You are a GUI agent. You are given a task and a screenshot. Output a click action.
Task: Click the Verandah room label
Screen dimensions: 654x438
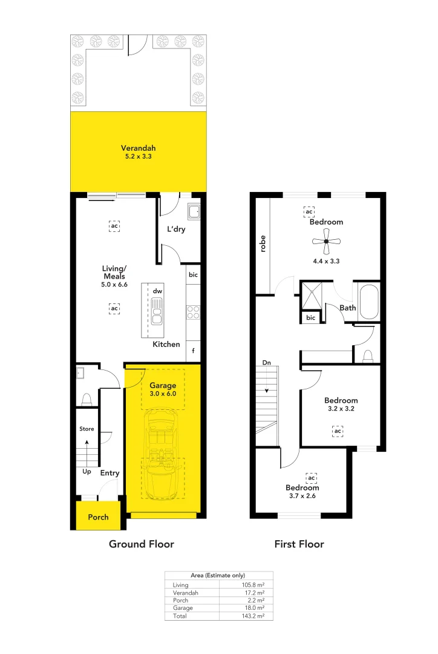point(138,148)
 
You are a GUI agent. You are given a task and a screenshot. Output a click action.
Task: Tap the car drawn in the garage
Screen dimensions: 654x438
point(162,453)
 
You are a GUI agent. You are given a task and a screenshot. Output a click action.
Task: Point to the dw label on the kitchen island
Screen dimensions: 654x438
point(157,291)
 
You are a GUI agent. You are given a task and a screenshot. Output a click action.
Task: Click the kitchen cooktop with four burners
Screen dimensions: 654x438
point(193,312)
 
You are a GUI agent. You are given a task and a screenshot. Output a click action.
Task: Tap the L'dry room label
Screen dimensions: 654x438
point(175,230)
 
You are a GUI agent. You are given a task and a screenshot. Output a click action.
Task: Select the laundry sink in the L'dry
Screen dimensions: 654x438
point(194,212)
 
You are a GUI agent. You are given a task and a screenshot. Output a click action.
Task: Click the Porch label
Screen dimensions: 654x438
point(98,517)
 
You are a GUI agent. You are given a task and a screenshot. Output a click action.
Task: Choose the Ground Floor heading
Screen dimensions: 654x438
point(141,544)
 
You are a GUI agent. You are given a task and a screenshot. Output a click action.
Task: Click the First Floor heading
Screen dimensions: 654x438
point(299,544)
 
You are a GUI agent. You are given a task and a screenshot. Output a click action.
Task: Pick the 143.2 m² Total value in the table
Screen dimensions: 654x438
point(254,615)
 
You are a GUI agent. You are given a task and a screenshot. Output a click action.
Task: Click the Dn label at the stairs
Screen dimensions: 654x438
point(266,363)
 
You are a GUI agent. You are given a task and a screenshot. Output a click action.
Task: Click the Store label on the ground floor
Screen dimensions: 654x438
point(87,429)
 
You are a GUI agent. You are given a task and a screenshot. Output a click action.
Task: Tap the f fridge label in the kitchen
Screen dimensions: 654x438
point(193,351)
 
